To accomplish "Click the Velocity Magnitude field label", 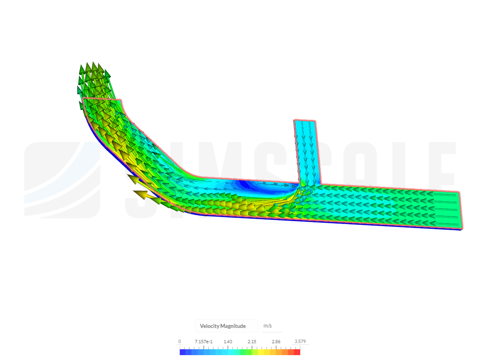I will pyautogui.click(x=223, y=326).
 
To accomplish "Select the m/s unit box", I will pyautogui.click(x=267, y=326).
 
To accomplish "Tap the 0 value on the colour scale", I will pyautogui.click(x=179, y=342).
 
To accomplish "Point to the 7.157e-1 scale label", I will pyautogui.click(x=203, y=342).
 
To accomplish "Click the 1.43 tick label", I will pyautogui.click(x=228, y=342).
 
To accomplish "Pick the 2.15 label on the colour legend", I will pyautogui.click(x=252, y=342).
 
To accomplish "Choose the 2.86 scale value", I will pyautogui.click(x=276, y=342).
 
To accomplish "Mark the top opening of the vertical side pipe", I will pyautogui.click(x=305, y=121).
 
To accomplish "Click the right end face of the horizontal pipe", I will pyautogui.click(x=460, y=210).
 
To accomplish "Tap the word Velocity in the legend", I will pyautogui.click(x=210, y=326).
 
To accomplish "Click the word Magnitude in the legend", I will pyautogui.click(x=233, y=326).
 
